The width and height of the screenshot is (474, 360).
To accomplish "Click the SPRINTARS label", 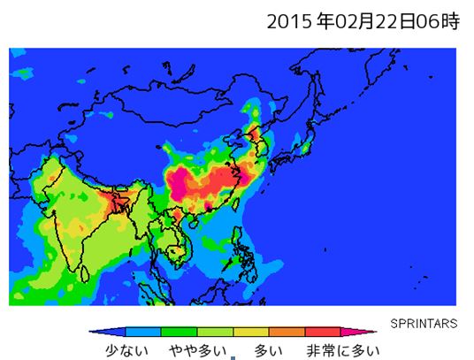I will coord(424,323).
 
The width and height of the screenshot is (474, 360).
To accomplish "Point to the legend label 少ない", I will coord(124,350).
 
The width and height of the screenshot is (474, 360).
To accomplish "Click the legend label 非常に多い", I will coord(342,350).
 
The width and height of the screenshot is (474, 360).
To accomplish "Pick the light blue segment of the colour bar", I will coord(142,333).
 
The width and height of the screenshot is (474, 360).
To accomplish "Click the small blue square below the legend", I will coord(233,358).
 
